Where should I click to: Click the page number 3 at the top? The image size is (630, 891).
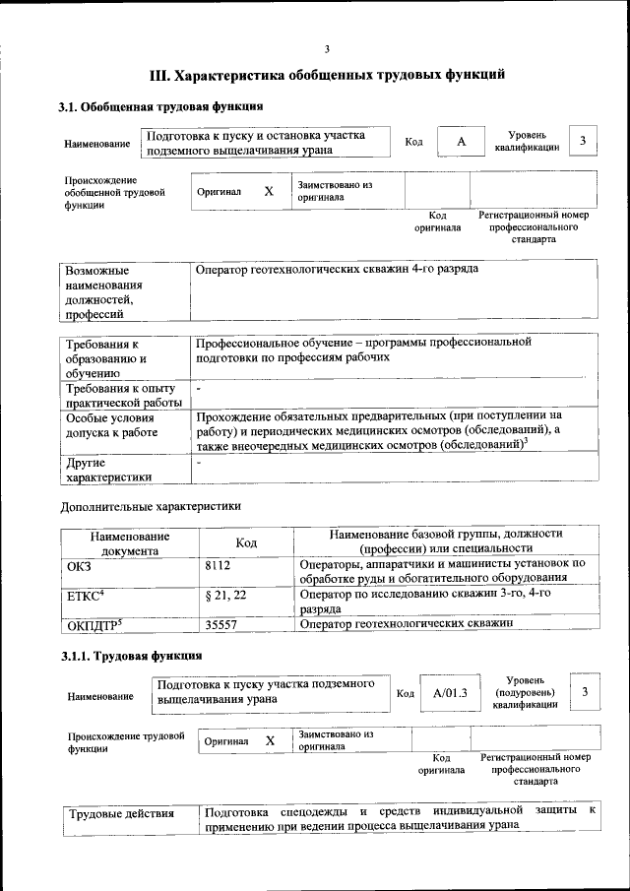(327, 49)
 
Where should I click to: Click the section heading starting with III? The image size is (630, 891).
(327, 75)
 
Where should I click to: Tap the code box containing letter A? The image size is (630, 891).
(461, 143)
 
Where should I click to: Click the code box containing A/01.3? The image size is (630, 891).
(450, 694)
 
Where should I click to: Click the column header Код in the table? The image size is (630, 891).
(246, 542)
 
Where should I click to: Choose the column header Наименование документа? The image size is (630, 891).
(130, 543)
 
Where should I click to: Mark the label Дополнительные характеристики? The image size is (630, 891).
(150, 506)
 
